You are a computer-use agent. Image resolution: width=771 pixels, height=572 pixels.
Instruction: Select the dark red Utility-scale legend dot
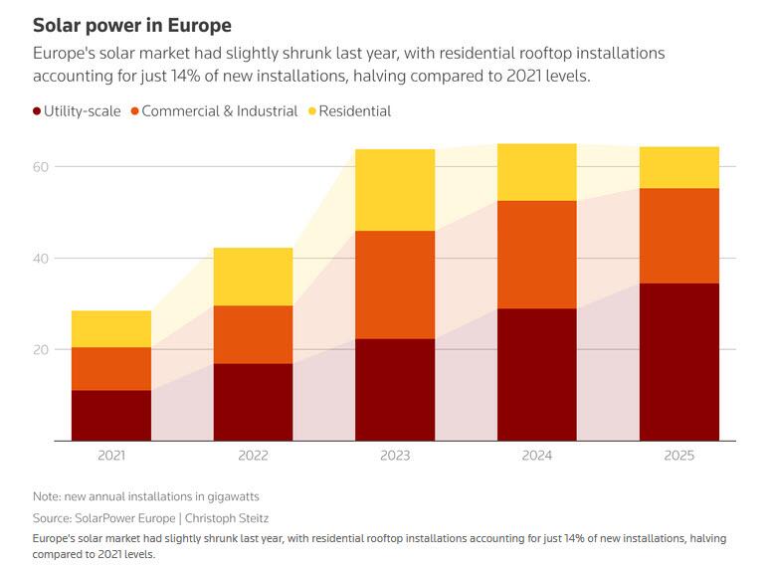point(36,111)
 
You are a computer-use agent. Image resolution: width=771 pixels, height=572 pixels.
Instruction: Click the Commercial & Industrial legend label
point(220,111)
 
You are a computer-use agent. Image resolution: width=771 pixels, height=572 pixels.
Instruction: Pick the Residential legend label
point(355,111)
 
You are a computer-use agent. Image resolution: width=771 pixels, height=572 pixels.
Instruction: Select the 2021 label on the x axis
point(111,456)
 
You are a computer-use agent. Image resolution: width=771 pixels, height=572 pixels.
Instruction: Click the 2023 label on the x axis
point(395,456)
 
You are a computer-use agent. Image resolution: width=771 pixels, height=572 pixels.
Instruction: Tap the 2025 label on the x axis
point(678,456)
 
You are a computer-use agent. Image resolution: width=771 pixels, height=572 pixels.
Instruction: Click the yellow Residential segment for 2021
point(111,329)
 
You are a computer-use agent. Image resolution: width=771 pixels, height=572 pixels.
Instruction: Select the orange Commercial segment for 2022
point(253,334)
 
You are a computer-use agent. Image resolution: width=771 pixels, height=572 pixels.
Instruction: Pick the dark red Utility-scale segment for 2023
point(395,390)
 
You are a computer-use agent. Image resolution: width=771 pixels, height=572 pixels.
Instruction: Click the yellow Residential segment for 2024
point(536,172)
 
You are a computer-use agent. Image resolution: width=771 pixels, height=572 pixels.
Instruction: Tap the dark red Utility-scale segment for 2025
point(678,362)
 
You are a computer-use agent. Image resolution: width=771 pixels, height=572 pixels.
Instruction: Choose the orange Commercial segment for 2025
point(678,236)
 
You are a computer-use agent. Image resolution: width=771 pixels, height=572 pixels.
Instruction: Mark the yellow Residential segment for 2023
point(395,190)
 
